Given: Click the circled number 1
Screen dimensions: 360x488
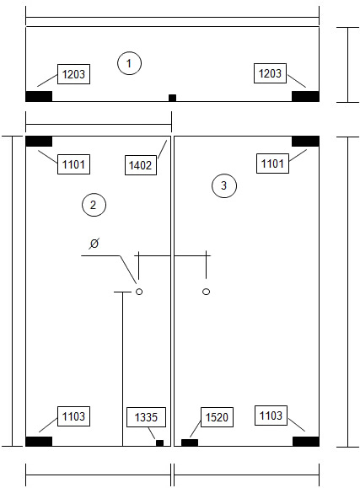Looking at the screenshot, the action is click(x=129, y=63).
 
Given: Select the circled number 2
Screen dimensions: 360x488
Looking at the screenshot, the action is click(x=94, y=205).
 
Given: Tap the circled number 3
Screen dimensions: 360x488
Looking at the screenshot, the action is click(x=224, y=185).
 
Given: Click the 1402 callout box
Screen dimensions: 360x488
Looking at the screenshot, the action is click(x=141, y=165).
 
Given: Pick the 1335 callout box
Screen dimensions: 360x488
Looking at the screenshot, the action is click(x=146, y=417).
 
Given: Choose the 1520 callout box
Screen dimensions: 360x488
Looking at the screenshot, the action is click(x=217, y=417).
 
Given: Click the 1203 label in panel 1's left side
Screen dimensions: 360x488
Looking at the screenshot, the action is click(x=73, y=74).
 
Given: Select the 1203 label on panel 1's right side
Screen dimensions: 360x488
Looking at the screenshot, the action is click(x=270, y=73).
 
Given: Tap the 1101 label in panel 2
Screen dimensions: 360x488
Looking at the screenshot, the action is click(x=73, y=164).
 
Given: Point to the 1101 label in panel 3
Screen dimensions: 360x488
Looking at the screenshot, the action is click(x=272, y=164).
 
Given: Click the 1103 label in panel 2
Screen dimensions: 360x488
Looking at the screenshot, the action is click(x=73, y=416).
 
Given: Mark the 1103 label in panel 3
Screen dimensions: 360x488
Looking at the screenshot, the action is click(x=271, y=416).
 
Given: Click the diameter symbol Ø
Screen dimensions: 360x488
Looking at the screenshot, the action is click(x=94, y=243).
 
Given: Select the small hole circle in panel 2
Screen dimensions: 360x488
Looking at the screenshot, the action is click(x=139, y=292).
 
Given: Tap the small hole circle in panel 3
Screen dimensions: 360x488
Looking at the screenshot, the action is click(x=206, y=292).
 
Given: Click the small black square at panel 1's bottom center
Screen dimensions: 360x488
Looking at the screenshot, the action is click(x=172, y=98).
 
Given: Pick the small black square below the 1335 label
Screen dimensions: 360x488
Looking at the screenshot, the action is click(x=159, y=442).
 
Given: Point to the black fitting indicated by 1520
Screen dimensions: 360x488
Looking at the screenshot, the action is click(x=190, y=442).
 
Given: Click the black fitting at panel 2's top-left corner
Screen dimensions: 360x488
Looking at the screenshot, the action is click(x=39, y=141).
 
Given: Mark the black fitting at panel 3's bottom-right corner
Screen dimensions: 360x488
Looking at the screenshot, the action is click(x=306, y=442).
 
